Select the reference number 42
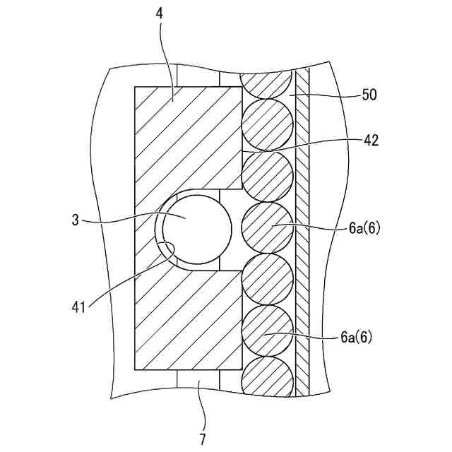[370, 140]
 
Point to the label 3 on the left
[75, 220]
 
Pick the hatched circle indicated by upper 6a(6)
[268, 227]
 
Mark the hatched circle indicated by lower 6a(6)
[268, 330]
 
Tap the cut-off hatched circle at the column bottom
[267, 377]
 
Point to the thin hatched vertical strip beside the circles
[302, 233]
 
